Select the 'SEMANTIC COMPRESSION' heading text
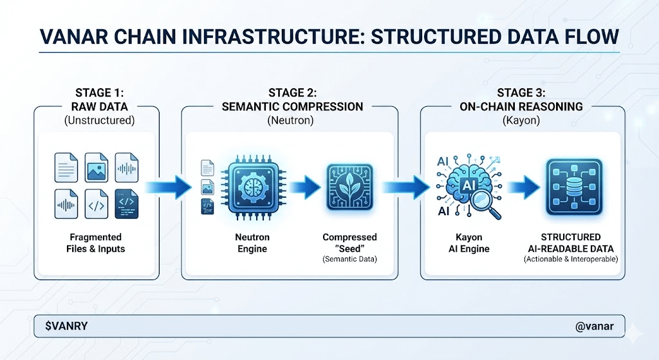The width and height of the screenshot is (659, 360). tap(292, 106)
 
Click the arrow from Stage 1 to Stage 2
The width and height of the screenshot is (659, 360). tap(169, 187)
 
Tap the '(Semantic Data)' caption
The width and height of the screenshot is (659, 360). tap(349, 260)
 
